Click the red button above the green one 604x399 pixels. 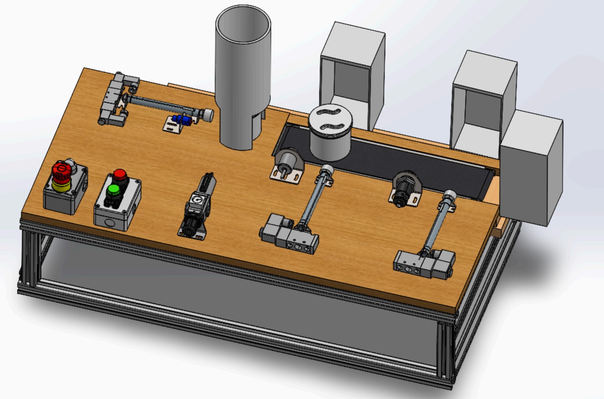[120, 175]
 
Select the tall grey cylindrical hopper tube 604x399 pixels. [243, 76]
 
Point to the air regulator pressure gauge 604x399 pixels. [196, 199]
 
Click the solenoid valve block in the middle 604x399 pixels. [289, 233]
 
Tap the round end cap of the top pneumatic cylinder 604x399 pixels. [208, 115]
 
